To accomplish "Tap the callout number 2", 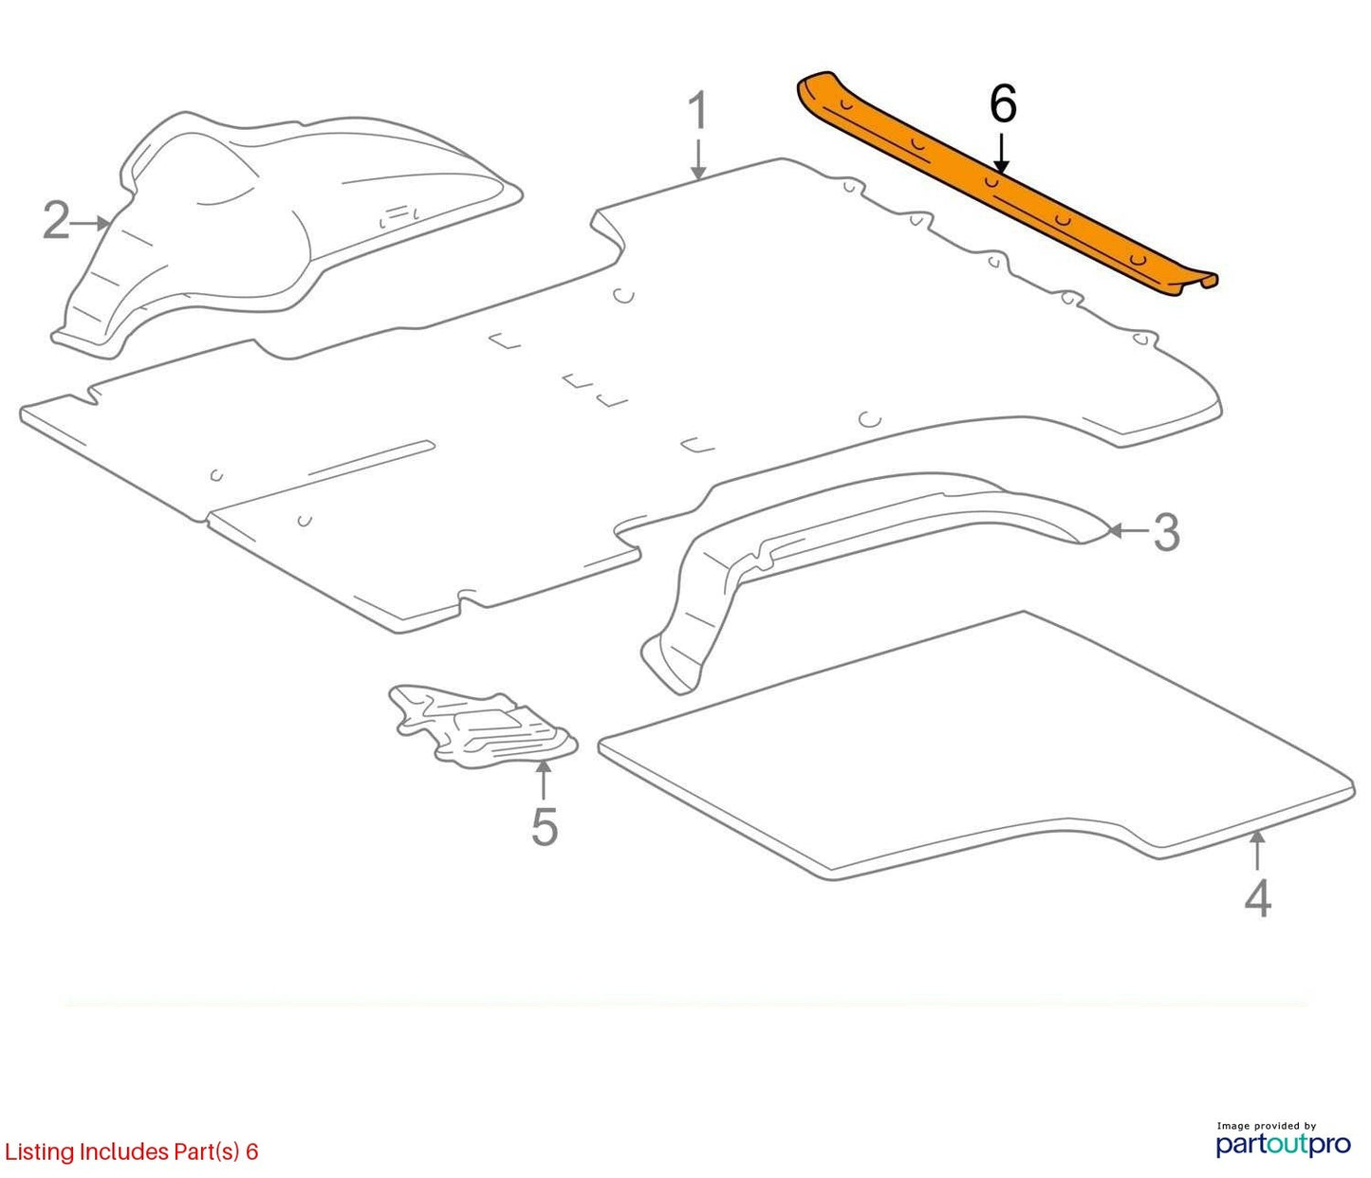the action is tap(56, 221).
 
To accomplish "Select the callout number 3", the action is tap(1167, 532).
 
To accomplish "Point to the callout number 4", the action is tap(1257, 898).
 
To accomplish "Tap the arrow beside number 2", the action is tap(89, 224).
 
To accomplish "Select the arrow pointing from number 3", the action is tap(1129, 530).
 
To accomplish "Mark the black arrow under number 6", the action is tap(1002, 154).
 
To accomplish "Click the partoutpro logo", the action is tap(1284, 1145).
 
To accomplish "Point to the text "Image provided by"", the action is tap(1267, 1126).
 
